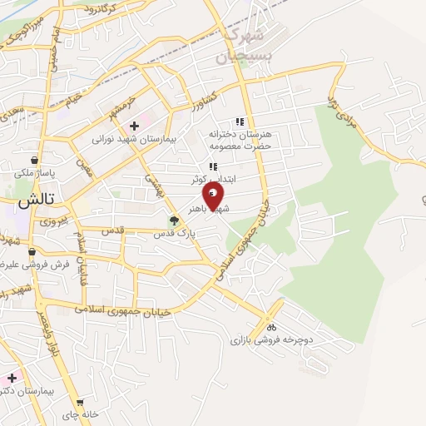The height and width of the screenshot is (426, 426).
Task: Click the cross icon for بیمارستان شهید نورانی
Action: [134, 126]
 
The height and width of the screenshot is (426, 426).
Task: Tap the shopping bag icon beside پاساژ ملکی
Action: [33, 160]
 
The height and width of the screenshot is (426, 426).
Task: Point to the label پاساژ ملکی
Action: [33, 173]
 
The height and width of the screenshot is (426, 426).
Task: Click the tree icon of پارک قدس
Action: [174, 221]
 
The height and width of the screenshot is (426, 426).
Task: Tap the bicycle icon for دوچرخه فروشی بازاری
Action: [271, 326]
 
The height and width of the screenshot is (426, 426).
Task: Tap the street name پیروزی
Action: [51, 221]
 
